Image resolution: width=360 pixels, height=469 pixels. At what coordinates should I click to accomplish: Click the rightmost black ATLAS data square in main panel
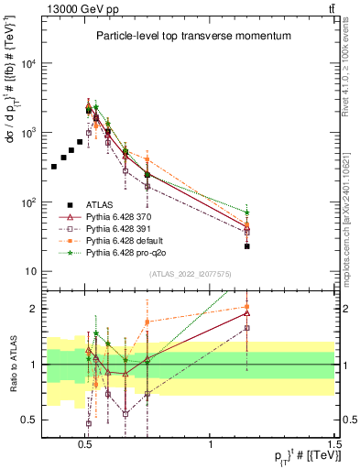(x=247, y=246)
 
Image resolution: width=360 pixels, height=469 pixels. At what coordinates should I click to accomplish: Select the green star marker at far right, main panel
(x=247, y=213)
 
